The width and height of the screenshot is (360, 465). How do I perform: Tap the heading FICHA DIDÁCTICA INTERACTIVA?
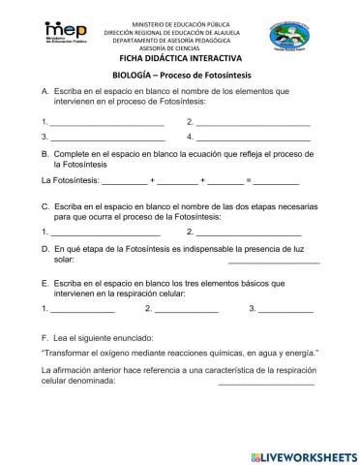pos(180,59)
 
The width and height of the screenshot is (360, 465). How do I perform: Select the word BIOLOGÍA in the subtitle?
pos(135,76)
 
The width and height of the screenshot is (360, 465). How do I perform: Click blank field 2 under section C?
pos(249,233)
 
